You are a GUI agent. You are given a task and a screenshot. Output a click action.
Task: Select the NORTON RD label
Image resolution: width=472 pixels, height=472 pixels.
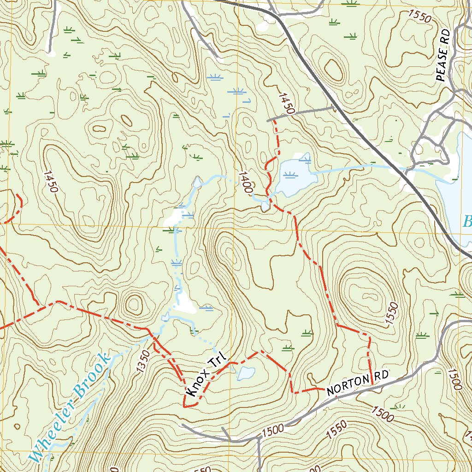click(x=358, y=384)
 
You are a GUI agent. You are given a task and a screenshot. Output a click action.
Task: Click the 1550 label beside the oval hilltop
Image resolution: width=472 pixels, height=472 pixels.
click(x=391, y=313)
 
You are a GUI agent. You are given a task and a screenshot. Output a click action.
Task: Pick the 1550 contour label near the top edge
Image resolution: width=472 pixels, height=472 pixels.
click(x=419, y=17)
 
